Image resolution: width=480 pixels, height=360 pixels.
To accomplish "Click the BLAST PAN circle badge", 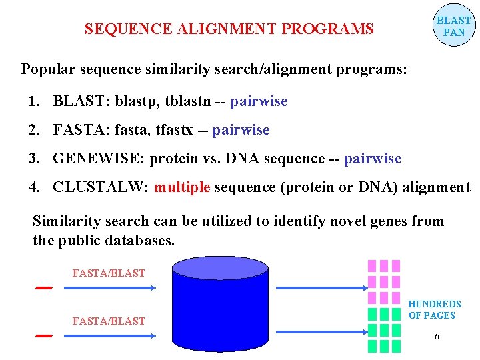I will pos(453,27).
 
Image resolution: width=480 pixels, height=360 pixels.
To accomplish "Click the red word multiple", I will pos(182,187).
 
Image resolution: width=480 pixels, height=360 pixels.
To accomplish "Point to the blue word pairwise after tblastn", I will pos(259,101).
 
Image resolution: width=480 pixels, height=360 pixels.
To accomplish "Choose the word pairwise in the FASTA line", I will pos(241,130).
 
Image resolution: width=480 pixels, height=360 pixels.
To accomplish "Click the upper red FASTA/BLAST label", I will pos(108,273).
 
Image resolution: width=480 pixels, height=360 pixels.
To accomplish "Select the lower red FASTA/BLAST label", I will pos(108,321).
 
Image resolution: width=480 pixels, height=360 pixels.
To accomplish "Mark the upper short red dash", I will pos(44,288).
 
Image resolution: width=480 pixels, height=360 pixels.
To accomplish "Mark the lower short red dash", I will pos(44,335).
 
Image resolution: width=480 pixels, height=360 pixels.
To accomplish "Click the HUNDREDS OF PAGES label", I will pos(434,310).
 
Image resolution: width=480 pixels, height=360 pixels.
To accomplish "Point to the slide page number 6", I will pos(437,337).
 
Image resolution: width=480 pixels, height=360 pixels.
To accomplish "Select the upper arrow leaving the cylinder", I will pos(319,288).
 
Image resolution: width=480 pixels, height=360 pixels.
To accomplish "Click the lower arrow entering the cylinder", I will pos(110,336).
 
